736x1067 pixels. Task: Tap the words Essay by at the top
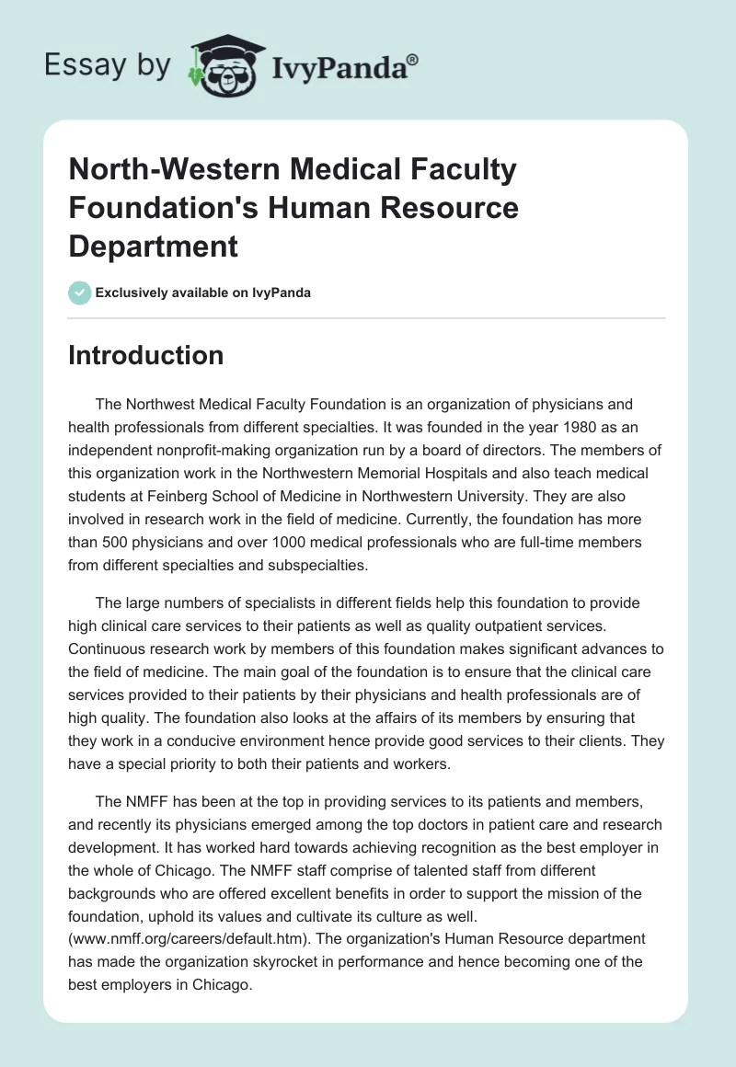[108, 66]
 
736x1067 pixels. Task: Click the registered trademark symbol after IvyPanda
[413, 61]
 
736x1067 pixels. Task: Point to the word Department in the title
[153, 246]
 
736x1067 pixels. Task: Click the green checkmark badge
[80, 293]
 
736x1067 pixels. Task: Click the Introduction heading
[146, 355]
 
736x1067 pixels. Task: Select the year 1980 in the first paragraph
[374, 427]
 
